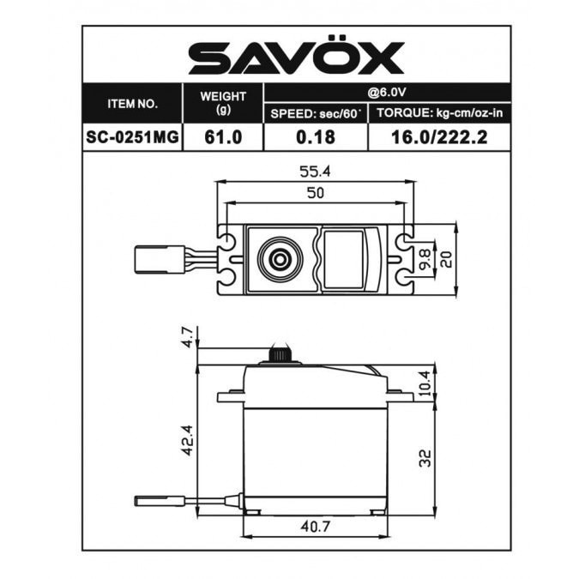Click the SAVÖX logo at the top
click(296, 58)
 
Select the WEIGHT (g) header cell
click(224, 104)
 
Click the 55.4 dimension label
click(315, 172)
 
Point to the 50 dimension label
click(315, 194)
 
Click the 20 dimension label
click(446, 256)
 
